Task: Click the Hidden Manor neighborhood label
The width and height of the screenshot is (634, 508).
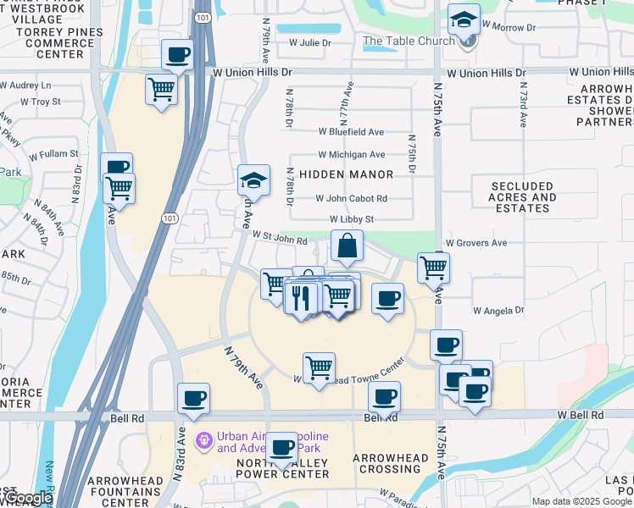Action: point(346,174)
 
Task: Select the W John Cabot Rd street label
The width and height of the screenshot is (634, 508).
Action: point(351,199)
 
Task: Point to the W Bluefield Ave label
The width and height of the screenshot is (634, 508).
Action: point(351,132)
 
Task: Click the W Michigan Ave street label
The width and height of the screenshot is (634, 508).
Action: point(351,155)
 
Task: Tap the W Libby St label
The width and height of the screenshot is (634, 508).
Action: point(352,220)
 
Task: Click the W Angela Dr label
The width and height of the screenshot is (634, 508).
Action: point(498,311)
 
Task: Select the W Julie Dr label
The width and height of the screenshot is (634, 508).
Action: point(309,41)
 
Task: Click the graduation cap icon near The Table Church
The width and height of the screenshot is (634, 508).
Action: point(464,19)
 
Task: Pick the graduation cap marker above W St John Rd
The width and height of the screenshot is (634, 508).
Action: point(253,180)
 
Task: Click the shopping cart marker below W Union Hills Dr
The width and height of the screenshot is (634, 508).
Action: point(161,88)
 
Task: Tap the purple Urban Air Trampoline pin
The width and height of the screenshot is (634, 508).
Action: point(203,440)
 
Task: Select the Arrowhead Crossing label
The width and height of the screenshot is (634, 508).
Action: point(391,463)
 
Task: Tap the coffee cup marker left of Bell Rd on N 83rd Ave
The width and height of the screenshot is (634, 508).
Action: point(194,398)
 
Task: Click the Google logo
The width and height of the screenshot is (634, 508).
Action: point(27,499)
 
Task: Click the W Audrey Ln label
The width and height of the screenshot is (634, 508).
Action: point(25,86)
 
